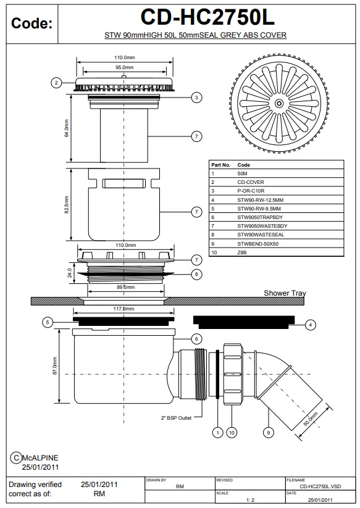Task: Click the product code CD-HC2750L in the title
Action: tap(207, 17)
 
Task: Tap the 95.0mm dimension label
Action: tap(125, 67)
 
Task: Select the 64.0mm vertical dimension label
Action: tap(67, 128)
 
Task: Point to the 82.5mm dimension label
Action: tap(67, 204)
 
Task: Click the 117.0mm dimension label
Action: tap(123, 309)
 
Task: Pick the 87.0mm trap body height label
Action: tap(55, 366)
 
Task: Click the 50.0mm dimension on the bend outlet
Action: tap(311, 418)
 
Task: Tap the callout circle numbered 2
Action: tap(56, 83)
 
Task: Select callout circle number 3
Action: tap(196, 98)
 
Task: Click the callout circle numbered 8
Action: tap(196, 274)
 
